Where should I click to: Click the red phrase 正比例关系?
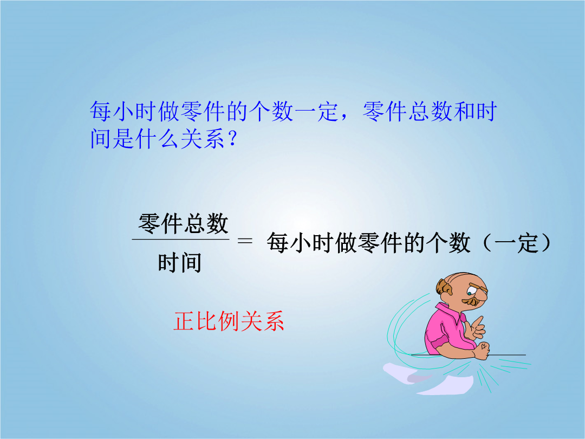229,321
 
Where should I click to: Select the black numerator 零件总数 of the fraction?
183,224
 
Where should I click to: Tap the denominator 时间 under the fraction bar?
180,262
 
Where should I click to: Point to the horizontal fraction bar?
180,240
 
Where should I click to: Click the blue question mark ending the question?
232,139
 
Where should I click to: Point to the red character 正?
184,321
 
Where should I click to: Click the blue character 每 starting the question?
101,111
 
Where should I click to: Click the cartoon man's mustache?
471,301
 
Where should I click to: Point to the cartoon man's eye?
470,293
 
